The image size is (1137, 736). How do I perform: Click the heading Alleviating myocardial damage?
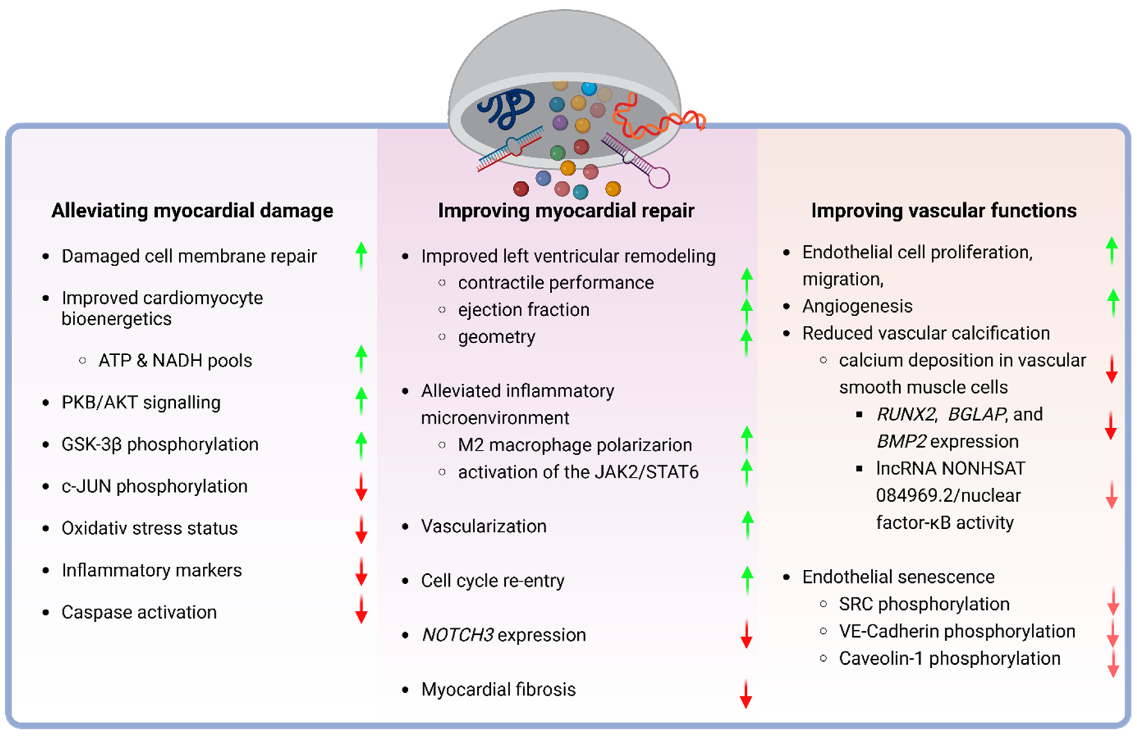192,211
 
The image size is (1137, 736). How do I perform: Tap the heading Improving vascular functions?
944,211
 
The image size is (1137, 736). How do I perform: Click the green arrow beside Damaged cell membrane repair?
361,256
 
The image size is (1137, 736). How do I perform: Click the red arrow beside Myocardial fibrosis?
746,694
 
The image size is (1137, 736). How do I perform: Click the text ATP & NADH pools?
175,360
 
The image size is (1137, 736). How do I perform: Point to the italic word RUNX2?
906,414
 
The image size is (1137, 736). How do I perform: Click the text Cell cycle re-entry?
492,581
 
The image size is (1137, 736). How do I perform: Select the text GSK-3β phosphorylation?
160,444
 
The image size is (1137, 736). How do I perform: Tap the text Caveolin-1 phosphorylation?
949,658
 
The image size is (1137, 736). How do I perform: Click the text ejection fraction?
523,310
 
